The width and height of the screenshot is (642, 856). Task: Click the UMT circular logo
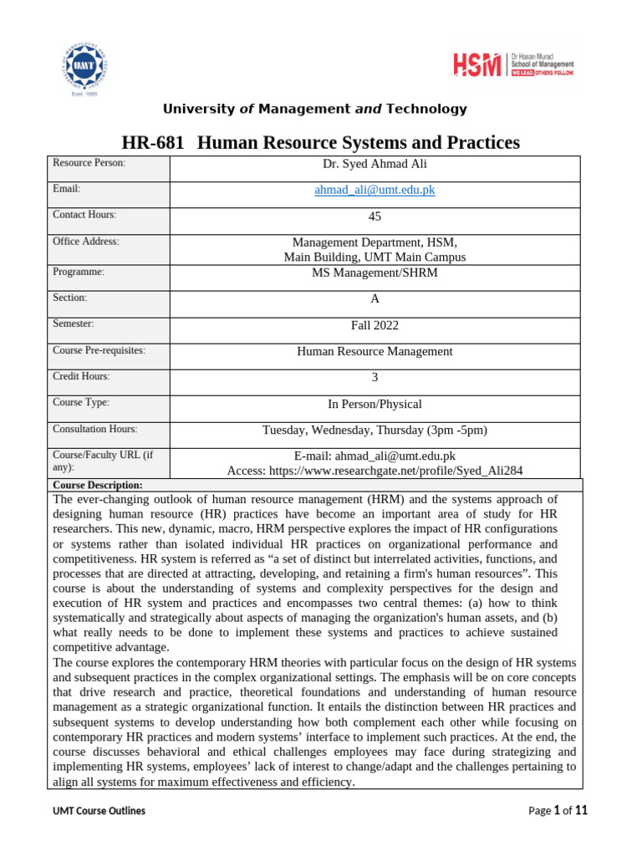(x=84, y=68)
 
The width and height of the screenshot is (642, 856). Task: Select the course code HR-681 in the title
(x=154, y=143)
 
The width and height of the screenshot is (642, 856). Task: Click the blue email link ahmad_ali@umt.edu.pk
(x=374, y=190)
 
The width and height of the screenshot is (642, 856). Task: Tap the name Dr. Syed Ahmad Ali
(x=374, y=164)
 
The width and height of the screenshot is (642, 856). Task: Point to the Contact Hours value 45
(x=374, y=217)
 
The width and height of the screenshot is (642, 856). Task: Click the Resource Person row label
(x=89, y=162)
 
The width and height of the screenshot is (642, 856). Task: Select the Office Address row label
(x=86, y=241)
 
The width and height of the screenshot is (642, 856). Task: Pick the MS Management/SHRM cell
(x=374, y=273)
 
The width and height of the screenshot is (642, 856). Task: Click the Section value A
(x=374, y=298)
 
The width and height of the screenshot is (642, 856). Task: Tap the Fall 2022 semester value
(x=374, y=325)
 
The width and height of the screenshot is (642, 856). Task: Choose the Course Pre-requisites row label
(x=99, y=350)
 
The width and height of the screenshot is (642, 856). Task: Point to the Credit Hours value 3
(x=374, y=378)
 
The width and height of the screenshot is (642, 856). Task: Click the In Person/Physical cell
(x=374, y=404)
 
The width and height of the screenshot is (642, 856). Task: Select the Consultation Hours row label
(x=94, y=429)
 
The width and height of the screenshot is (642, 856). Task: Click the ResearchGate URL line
(x=374, y=471)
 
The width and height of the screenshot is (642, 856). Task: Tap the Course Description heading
(x=98, y=485)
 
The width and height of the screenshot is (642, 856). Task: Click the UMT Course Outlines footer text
(x=99, y=811)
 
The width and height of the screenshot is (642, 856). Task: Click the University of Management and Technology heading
(x=314, y=109)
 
